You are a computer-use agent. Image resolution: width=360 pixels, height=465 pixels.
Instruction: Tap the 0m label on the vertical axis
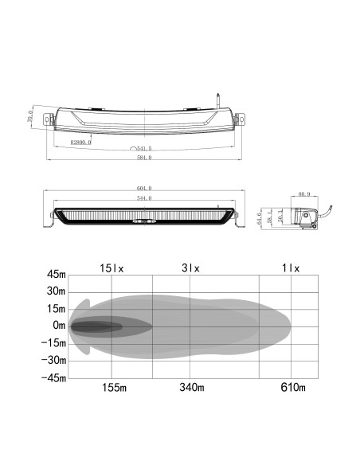click(x=58, y=326)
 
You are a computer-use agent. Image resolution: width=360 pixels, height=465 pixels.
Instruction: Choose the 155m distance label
click(x=114, y=388)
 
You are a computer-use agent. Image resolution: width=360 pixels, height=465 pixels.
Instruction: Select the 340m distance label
click(x=191, y=388)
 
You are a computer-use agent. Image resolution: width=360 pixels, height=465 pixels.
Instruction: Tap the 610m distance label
click(x=292, y=388)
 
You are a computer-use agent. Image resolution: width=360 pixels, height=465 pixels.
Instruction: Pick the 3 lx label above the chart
click(x=191, y=268)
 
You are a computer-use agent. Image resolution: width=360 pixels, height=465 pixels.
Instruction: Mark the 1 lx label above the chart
click(x=291, y=268)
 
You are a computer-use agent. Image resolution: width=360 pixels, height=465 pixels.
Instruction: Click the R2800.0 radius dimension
click(x=80, y=142)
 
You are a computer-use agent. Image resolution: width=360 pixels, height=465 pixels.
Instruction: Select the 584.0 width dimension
click(x=144, y=158)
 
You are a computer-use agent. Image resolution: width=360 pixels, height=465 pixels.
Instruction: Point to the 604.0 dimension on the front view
click(x=144, y=189)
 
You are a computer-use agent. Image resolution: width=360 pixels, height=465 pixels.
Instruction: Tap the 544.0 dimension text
click(x=144, y=197)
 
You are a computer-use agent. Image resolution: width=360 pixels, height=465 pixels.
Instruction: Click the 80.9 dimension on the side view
click(x=304, y=193)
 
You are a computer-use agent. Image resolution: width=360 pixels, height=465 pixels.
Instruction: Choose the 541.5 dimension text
click(x=144, y=149)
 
